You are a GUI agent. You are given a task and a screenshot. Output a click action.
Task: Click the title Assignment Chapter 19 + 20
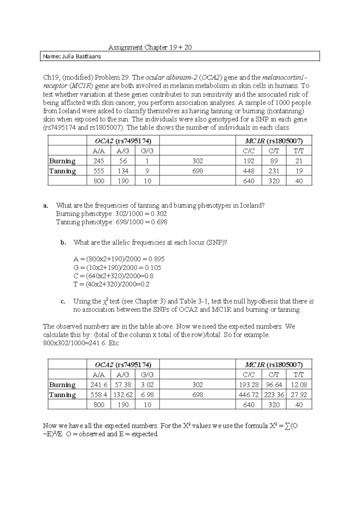point(150,47)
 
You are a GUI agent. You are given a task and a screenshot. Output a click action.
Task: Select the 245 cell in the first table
point(99,161)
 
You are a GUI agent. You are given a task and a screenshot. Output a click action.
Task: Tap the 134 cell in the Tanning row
point(123,171)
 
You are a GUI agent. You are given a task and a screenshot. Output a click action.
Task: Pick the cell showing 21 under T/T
point(299,161)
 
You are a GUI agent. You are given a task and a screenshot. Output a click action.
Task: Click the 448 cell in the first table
point(249,171)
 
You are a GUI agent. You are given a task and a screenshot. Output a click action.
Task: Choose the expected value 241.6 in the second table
point(99,385)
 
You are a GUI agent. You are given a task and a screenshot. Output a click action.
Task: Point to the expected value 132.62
point(123,395)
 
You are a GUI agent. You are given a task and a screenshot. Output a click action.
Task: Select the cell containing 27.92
point(299,395)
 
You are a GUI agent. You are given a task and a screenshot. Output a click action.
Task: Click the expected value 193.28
point(249,385)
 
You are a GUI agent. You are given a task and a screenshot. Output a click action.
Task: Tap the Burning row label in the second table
point(62,385)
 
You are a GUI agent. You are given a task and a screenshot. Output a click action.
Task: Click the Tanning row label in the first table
point(62,171)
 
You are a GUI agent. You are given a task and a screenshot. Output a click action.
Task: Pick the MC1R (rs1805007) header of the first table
point(274,141)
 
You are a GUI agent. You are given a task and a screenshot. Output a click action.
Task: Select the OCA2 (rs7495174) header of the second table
point(123,365)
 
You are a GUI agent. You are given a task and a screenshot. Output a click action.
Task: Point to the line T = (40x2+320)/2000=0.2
point(111,284)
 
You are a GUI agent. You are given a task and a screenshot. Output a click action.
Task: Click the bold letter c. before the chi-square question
point(63,301)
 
